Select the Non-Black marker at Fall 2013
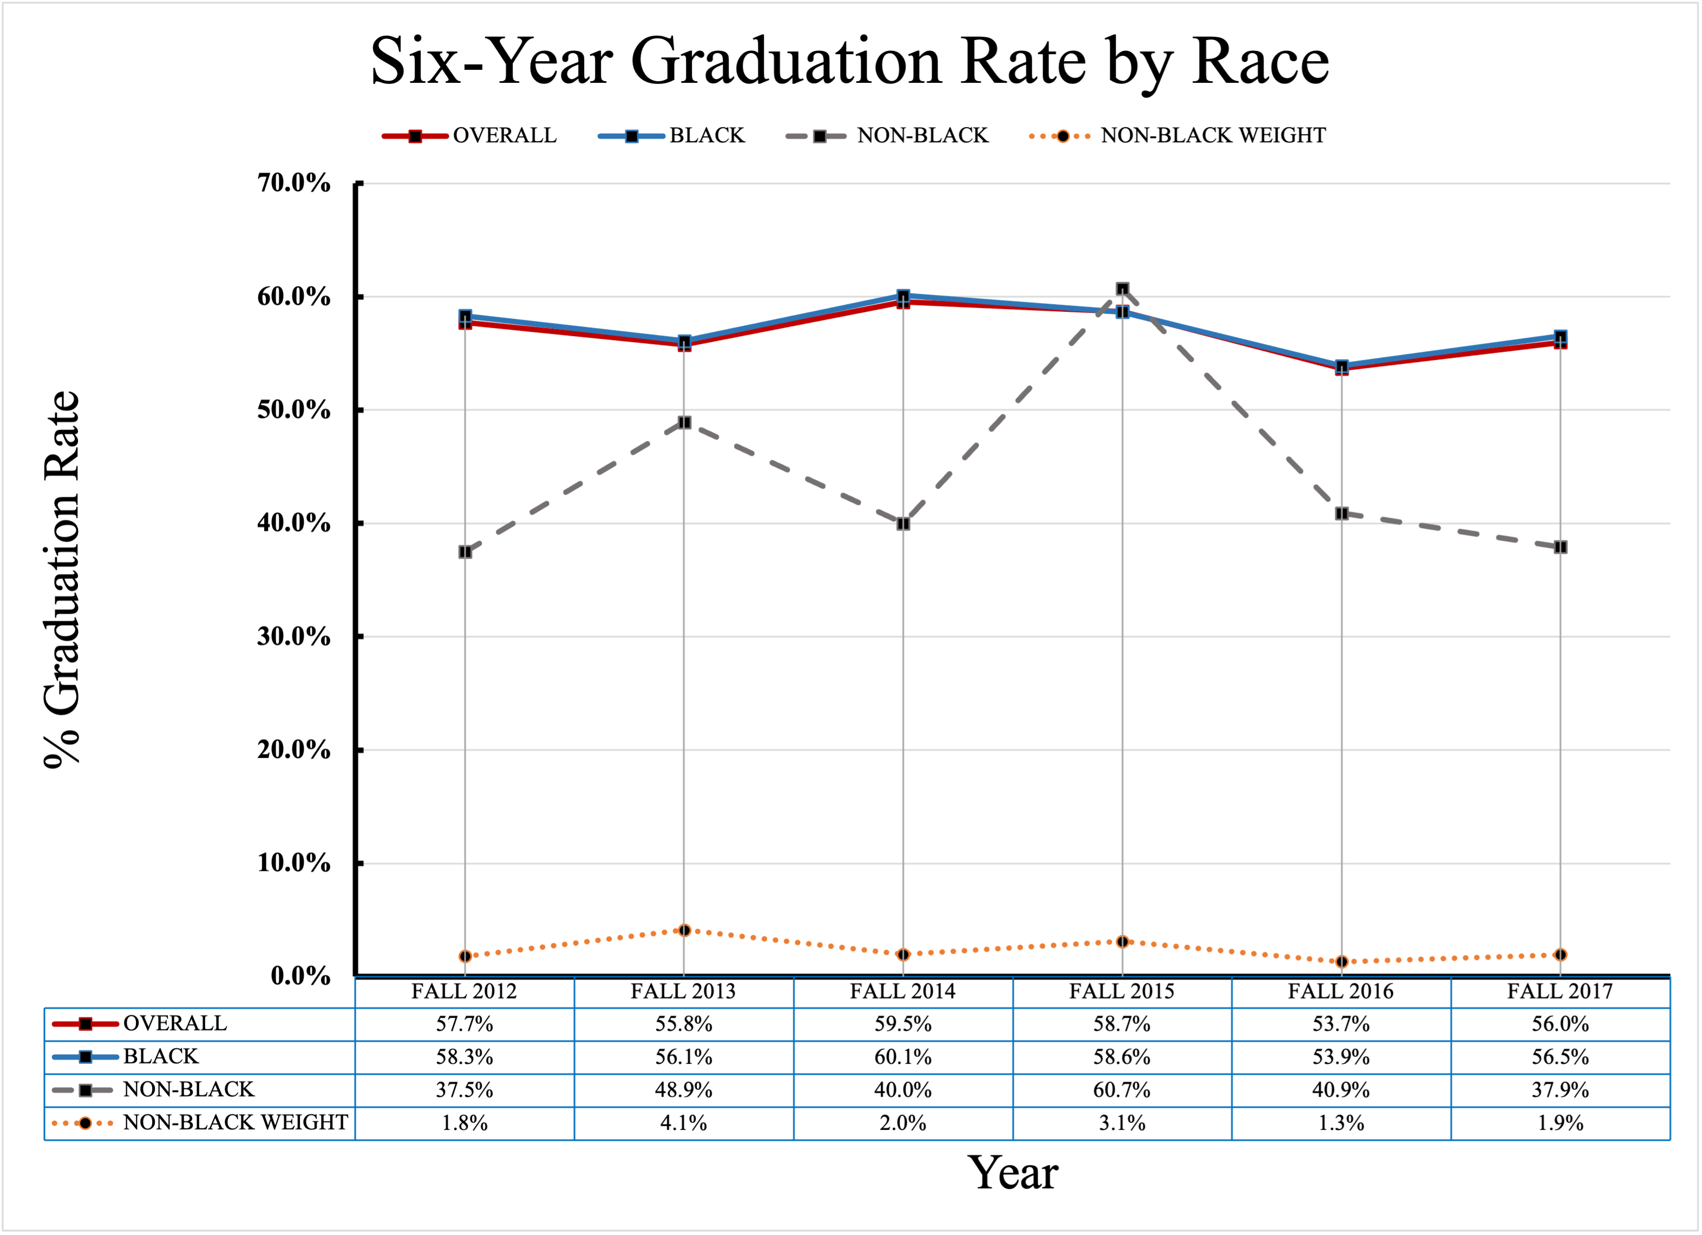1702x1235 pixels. coord(684,423)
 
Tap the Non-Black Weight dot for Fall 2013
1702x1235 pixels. coord(684,930)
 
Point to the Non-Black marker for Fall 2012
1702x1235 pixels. coord(464,551)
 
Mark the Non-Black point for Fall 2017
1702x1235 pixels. coord(1560,547)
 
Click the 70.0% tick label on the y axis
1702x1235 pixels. coord(293,182)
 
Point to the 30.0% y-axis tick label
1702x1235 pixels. coord(293,636)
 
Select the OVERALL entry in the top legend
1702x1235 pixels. coord(505,135)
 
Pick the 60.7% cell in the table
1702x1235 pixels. coord(1121,1089)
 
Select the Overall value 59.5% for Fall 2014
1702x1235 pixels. coord(903,1023)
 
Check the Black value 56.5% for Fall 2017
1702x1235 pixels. coord(1560,1056)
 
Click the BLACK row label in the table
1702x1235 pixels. coord(161,1056)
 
